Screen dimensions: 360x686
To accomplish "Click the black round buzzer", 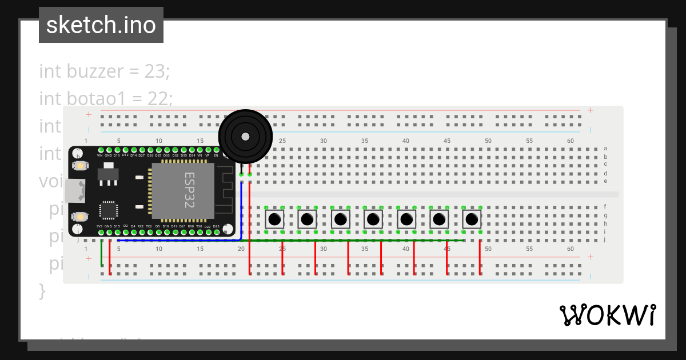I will [x=245, y=137].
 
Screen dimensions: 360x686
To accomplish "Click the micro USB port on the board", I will [x=75, y=191].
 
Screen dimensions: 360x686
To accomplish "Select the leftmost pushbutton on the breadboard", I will [x=274, y=219].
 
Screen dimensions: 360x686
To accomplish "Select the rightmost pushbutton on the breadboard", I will [x=472, y=219].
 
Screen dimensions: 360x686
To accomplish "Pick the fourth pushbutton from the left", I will [x=373, y=219].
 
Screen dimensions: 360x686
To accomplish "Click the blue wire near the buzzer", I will [x=241, y=211].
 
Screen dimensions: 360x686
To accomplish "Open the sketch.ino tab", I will [x=101, y=25].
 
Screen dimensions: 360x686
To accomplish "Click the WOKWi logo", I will [x=607, y=315].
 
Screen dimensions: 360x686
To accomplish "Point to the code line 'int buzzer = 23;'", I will [x=104, y=71].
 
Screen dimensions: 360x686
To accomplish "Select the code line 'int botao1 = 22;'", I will [x=106, y=99].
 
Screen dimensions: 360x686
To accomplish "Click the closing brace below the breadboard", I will [x=42, y=291].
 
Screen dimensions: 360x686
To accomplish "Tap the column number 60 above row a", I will [x=570, y=141].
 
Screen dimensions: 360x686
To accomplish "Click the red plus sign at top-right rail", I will [x=590, y=110].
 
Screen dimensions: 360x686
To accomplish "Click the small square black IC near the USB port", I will [x=109, y=210].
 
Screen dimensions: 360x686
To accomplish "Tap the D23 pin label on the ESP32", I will [x=216, y=226].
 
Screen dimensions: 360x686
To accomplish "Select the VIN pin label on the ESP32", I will [x=99, y=155].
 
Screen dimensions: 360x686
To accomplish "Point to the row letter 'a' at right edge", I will [x=605, y=149].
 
